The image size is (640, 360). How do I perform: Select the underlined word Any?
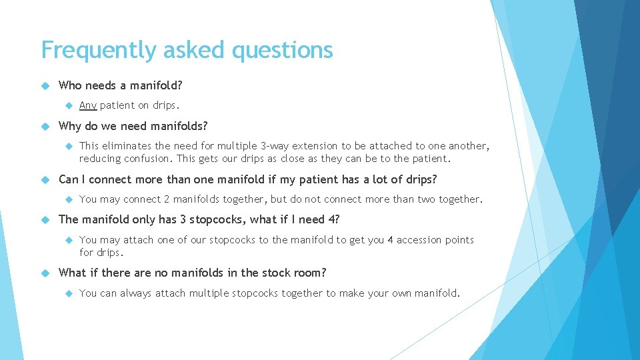(88, 105)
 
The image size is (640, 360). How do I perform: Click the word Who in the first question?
(71, 85)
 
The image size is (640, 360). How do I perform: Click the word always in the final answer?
(136, 293)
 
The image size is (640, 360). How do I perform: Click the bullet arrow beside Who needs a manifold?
(45, 85)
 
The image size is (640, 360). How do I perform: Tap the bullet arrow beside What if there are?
(45, 273)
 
